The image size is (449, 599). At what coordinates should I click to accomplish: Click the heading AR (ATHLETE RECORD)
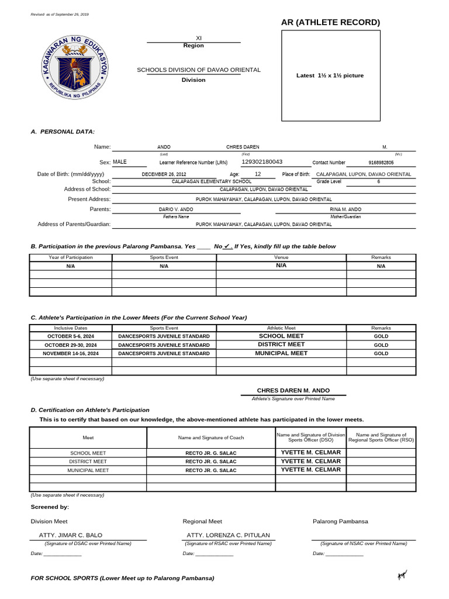tap(330, 22)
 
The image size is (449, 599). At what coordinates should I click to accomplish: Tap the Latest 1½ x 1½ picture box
tap(330, 75)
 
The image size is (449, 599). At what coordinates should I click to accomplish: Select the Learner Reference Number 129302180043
tap(261, 162)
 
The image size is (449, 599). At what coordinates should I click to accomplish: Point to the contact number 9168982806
tap(381, 163)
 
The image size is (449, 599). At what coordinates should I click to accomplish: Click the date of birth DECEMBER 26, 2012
tap(164, 174)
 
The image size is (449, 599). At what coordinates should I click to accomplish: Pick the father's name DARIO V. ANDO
tap(176, 209)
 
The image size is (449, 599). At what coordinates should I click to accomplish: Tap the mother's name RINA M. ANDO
tap(346, 209)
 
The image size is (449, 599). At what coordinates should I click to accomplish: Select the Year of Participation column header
tap(70, 257)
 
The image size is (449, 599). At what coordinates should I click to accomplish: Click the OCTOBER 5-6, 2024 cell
tap(70, 337)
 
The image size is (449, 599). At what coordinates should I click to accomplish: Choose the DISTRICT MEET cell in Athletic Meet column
tap(281, 345)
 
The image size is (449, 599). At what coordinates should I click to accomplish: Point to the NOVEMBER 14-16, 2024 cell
tap(70, 353)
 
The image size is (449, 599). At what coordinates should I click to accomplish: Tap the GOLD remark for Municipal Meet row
tap(381, 353)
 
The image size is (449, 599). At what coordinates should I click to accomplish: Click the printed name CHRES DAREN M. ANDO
tap(293, 390)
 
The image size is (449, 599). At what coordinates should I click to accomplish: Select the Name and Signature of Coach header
tap(211, 438)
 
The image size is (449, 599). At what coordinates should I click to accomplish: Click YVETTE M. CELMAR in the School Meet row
tap(310, 453)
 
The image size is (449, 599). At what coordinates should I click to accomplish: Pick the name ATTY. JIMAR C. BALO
tap(70, 535)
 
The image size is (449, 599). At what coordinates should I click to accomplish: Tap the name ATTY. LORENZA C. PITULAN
tap(228, 535)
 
